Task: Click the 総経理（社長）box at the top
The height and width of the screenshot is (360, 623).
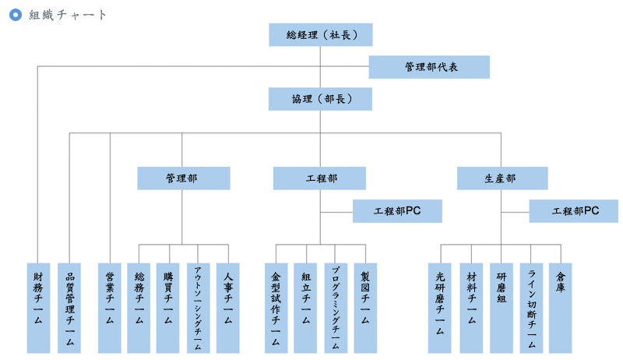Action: click(321, 34)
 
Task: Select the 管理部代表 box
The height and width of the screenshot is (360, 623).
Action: click(429, 67)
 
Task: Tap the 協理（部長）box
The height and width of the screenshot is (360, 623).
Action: click(320, 99)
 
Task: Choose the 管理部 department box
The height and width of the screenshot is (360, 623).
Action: click(184, 178)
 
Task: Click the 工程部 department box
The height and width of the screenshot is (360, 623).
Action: click(319, 178)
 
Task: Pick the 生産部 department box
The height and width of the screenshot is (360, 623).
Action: click(502, 178)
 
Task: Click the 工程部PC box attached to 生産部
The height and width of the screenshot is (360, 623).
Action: click(574, 211)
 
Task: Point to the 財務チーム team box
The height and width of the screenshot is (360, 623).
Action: click(38, 308)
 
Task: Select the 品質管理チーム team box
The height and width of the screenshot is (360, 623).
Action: click(69, 308)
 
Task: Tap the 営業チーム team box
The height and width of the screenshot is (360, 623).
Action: click(110, 308)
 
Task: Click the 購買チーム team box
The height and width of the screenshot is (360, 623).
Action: click(167, 308)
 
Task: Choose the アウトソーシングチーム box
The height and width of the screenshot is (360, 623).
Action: click(199, 308)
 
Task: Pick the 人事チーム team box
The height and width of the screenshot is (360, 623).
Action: click(227, 308)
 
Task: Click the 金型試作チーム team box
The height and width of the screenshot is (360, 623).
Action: click(276, 308)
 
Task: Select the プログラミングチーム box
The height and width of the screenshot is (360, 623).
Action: click(336, 308)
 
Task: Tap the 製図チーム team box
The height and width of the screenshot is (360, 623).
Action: click(365, 308)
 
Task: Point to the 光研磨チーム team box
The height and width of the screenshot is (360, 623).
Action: click(439, 308)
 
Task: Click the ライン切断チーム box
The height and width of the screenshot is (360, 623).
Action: click(531, 308)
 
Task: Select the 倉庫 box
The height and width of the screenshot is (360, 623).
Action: click(560, 308)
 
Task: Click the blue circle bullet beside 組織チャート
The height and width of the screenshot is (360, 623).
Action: click(16, 15)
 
